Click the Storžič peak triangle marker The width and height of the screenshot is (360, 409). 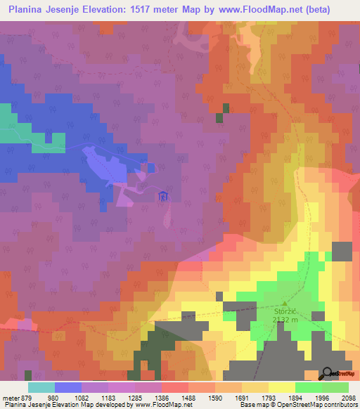pos(284,302)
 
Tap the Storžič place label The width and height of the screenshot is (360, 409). pos(284,309)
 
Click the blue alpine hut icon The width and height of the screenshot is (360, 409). pos(164,196)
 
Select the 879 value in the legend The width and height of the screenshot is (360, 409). pos(21,398)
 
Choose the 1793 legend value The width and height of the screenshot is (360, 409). pos(268,398)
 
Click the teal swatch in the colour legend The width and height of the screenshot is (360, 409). pos(41,387)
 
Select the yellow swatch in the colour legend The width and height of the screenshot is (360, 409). pos(281,387)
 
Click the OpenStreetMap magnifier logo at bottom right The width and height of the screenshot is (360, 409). pos(328,373)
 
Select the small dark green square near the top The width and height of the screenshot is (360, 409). pos(226,108)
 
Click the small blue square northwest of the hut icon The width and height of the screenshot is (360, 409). pos(151,167)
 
